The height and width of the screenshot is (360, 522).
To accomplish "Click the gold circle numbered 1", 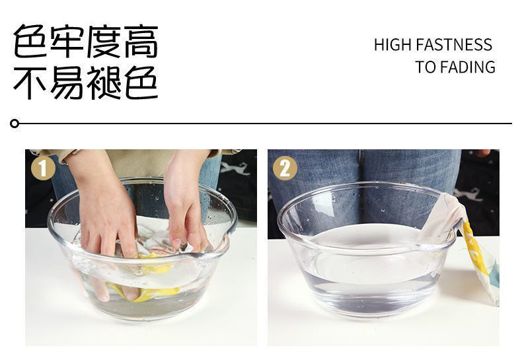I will [43, 168].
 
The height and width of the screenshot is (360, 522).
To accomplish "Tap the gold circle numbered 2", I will [285, 168].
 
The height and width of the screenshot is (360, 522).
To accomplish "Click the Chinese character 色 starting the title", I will [33, 42].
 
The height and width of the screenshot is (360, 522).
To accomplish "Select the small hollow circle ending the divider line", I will [15, 124].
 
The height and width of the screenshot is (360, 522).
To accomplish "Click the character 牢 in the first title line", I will [68, 42].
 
